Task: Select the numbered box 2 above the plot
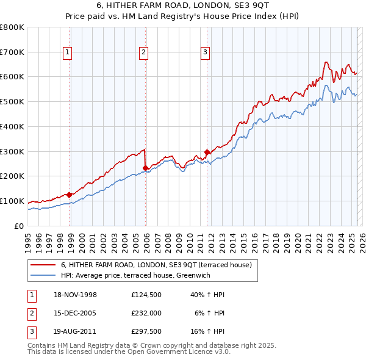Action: coord(143,53)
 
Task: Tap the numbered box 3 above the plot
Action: coord(205,53)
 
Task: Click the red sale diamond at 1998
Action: coord(70,195)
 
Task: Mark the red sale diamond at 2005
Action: coord(146,168)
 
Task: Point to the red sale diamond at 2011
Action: coord(207,152)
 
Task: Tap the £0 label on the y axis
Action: coord(19,226)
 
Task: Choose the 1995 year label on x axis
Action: coord(28,242)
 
